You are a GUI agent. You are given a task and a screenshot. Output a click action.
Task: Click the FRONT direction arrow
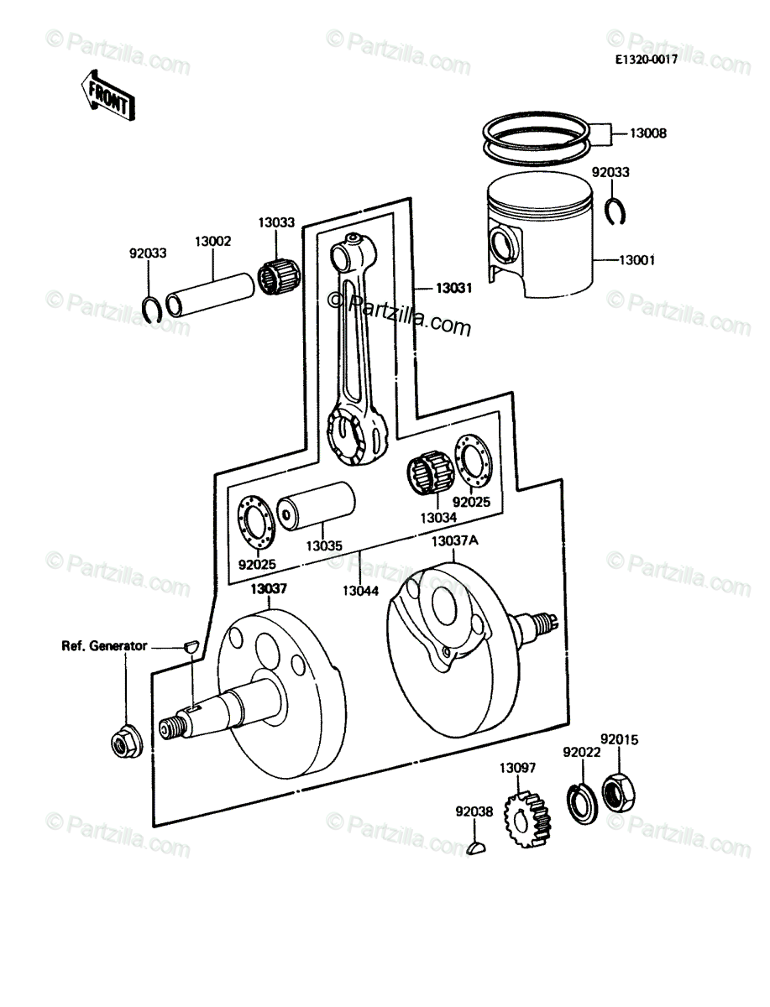[107, 96]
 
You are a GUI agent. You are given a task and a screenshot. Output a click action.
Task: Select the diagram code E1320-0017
[647, 60]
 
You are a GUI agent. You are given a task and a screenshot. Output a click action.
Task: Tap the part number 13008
[648, 133]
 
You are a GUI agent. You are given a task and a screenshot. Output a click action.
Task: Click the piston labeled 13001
[540, 235]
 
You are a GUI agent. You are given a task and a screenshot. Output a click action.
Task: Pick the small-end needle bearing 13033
[279, 278]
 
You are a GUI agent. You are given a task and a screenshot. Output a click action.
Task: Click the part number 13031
[453, 288]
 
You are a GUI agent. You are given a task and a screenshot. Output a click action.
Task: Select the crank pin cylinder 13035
[317, 507]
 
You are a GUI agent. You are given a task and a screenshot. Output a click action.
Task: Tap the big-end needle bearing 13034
[431, 473]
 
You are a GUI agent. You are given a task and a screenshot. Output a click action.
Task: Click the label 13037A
[455, 541]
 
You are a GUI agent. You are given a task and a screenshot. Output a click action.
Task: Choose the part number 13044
[361, 591]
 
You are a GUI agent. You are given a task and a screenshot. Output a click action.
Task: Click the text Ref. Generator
[104, 646]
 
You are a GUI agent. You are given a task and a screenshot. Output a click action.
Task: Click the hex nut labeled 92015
[619, 793]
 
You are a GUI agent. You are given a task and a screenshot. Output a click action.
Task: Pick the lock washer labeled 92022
[582, 804]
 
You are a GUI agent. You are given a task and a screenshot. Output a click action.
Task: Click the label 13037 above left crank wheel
[269, 588]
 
